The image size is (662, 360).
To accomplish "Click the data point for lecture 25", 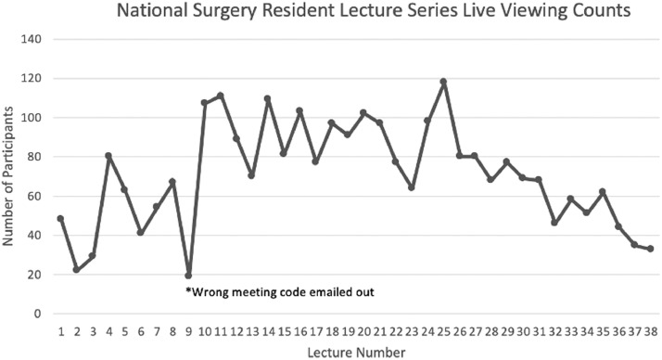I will tap(444, 82).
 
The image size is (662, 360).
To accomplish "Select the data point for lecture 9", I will tap(188, 276).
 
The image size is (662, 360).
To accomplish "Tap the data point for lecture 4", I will tap(108, 156).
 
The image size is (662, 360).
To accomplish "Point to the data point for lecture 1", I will tap(60, 219).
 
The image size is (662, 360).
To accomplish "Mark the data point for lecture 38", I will tap(651, 249).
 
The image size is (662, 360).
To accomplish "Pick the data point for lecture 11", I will tap(221, 96).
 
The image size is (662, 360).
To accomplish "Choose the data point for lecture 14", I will tap(268, 98).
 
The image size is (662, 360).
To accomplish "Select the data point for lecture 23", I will tap(412, 187).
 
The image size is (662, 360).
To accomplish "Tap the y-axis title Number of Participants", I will tap(10, 177).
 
